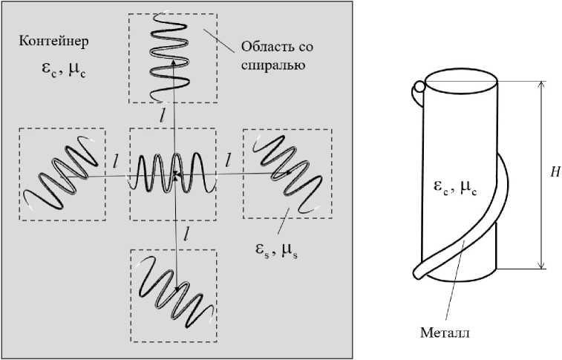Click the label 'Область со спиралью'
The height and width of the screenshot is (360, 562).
(276, 56)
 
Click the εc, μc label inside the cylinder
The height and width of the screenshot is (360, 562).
(455, 189)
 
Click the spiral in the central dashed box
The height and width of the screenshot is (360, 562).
(174, 174)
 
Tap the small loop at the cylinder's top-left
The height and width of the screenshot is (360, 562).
(418, 88)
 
